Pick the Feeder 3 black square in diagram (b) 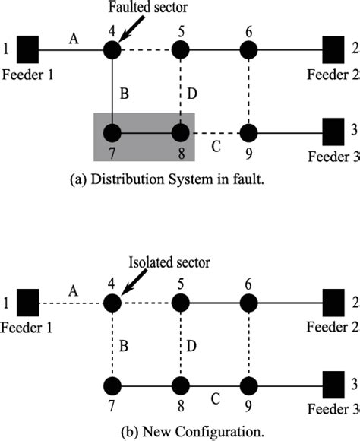click(x=333, y=381)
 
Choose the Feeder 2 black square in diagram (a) click(x=333, y=50)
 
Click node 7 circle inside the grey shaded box click(x=112, y=133)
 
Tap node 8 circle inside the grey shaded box click(x=180, y=133)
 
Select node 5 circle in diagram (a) click(x=180, y=50)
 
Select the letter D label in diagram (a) click(x=192, y=94)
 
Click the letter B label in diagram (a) click(x=125, y=94)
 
